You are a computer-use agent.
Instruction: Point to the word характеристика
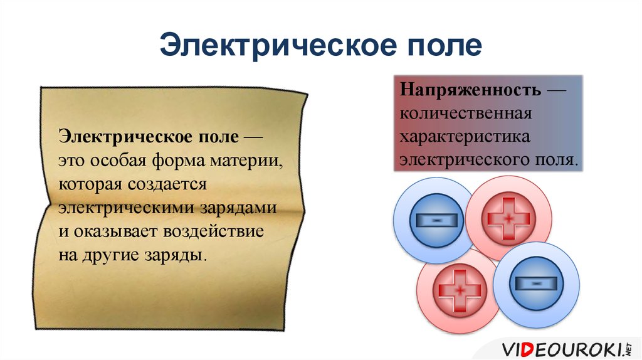point(466,137)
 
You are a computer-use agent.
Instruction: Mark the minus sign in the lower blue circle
point(536,284)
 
